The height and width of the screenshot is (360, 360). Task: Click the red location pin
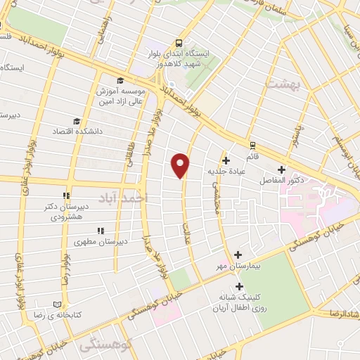[181, 165]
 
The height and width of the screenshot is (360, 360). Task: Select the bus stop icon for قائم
[252, 145]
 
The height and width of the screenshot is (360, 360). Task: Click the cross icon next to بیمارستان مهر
[238, 255]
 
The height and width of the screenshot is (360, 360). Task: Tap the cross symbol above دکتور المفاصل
[281, 169]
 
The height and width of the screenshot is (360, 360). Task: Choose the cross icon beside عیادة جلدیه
[226, 160]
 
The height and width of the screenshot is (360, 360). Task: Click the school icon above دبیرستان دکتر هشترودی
[65, 196]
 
